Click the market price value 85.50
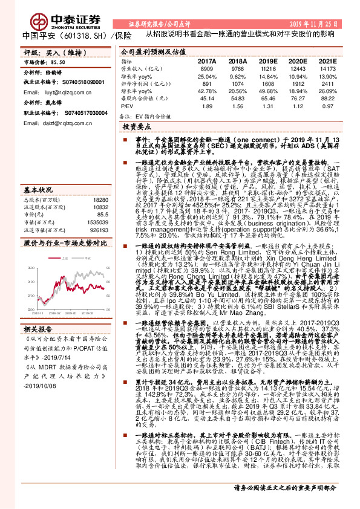[57, 62]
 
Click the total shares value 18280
[101, 199]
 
